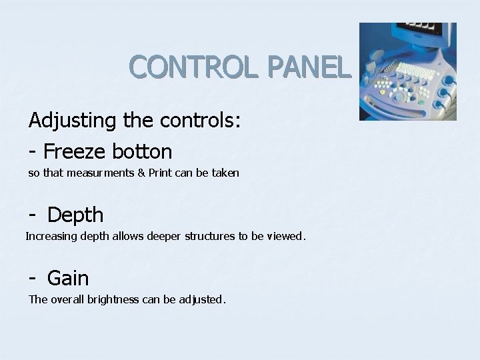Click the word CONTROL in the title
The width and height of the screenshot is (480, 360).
(190, 68)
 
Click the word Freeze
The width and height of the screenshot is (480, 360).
(77, 151)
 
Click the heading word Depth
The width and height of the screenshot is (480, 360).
(75, 215)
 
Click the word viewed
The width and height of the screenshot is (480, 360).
(285, 236)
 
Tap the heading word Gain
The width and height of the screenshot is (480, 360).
(68, 277)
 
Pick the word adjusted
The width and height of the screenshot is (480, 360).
(203, 300)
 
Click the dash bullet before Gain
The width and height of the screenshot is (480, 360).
(33, 277)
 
